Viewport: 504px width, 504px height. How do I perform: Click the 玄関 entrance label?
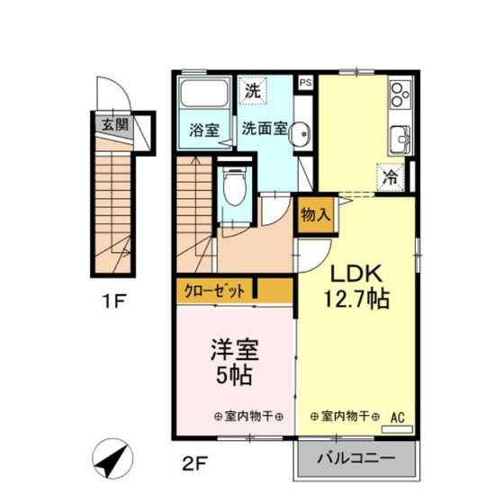click(x=112, y=124)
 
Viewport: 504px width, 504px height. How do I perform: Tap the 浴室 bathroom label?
click(x=203, y=130)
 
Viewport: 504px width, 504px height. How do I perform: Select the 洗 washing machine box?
click(x=252, y=90)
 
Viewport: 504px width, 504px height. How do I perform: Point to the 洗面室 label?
click(x=264, y=129)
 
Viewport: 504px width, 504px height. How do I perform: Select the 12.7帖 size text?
click(x=356, y=300)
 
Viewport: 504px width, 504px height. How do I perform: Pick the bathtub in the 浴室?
click(x=203, y=95)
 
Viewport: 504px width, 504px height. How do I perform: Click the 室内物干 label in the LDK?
click(x=342, y=416)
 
